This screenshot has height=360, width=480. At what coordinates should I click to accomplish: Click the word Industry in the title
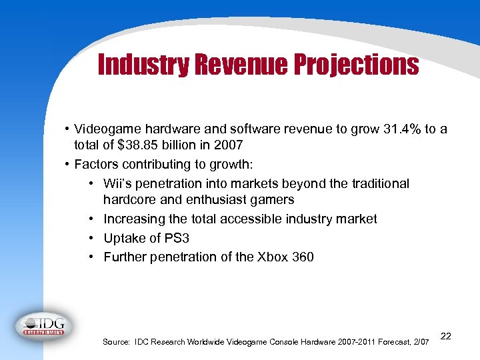point(141,65)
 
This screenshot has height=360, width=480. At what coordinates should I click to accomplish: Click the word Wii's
point(120,183)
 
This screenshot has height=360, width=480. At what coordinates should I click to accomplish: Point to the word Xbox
point(273,257)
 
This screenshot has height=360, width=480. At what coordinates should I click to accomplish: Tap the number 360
point(302,257)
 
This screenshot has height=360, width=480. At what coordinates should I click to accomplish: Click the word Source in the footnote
point(116,342)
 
